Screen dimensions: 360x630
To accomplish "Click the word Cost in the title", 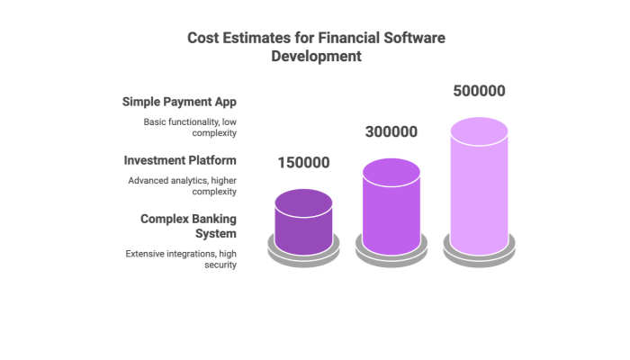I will [202, 38].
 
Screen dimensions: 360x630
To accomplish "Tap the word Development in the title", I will [317, 56].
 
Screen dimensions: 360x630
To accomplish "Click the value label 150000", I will [303, 163].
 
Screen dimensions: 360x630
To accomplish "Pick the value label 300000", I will [391, 131].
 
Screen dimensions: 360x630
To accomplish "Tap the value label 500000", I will [479, 91].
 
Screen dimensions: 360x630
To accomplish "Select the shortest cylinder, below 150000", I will [303, 225].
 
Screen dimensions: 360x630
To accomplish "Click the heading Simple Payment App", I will [181, 101].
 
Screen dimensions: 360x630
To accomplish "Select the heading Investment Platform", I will [181, 159].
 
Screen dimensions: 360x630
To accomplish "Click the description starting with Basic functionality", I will [191, 127].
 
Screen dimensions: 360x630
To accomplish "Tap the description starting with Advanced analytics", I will [184, 185].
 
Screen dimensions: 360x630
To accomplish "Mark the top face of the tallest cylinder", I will [479, 130].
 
